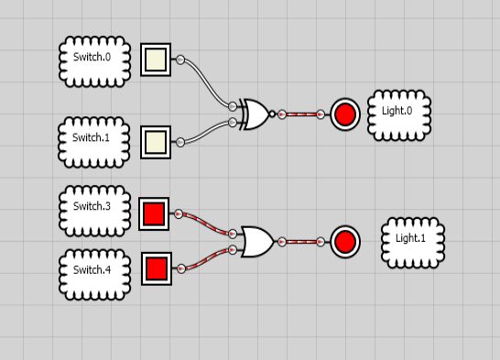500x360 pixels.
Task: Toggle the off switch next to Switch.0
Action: pos(156,60)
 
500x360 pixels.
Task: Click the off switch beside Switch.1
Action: pos(156,141)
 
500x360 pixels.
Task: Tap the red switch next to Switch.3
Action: pos(154,214)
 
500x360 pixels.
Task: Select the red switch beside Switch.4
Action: pos(157,268)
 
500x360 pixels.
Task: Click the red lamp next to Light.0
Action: pos(345,115)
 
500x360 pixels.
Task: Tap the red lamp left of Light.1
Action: pos(345,242)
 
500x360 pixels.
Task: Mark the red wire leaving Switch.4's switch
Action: pos(210,260)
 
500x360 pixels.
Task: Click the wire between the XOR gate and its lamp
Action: pos(301,115)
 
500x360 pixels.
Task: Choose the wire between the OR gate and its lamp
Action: pos(301,242)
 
